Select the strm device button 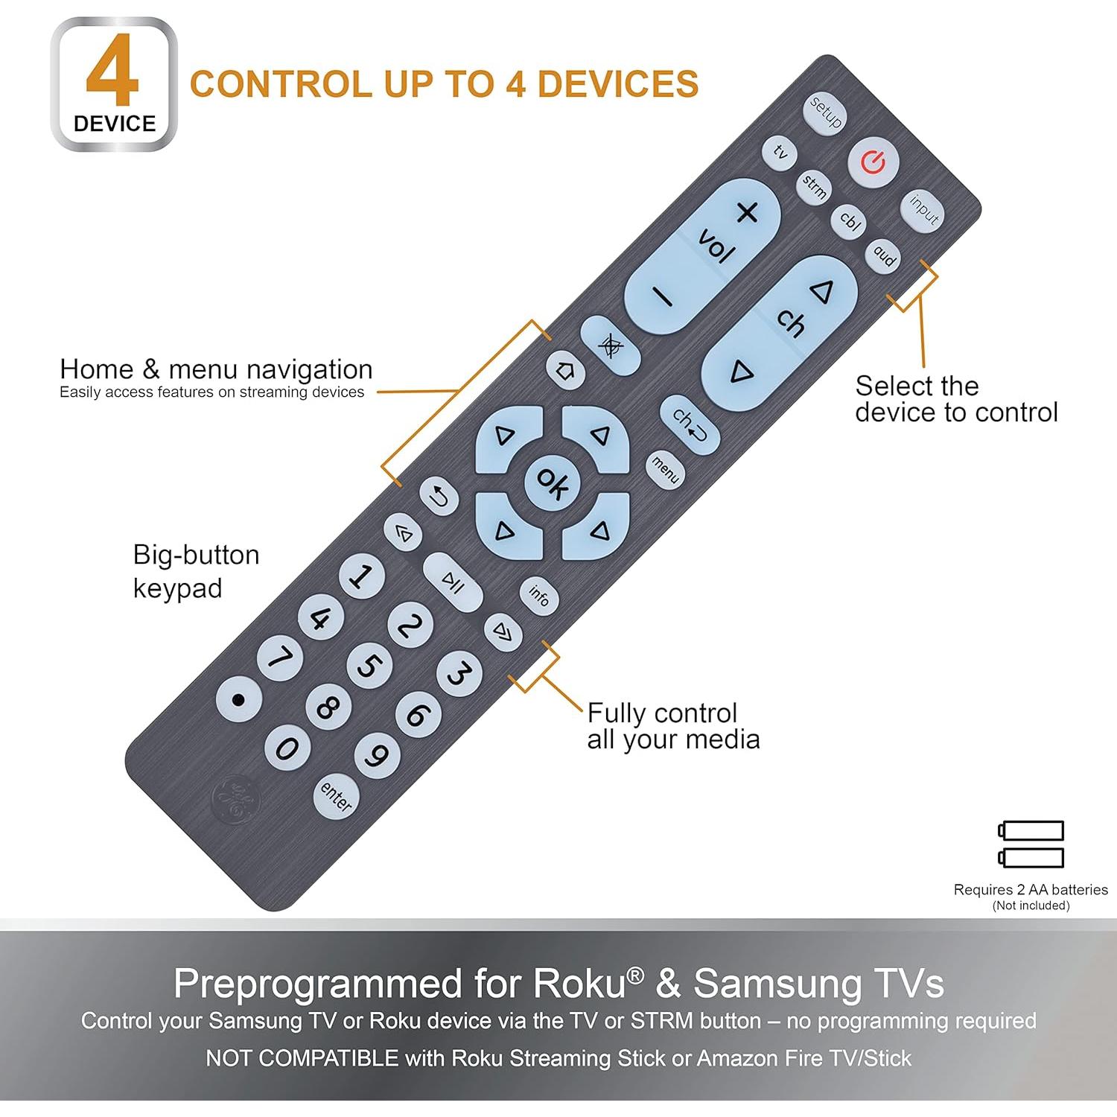pyautogui.click(x=814, y=186)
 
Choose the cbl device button pyautogui.click(x=849, y=220)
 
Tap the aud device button pyautogui.click(x=884, y=255)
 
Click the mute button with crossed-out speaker pyautogui.click(x=610, y=346)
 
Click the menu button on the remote pyautogui.click(x=665, y=470)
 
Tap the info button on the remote pyautogui.click(x=538, y=596)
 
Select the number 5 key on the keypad pyautogui.click(x=369, y=665)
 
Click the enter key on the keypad pyautogui.click(x=336, y=796)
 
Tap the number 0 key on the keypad pyautogui.click(x=287, y=748)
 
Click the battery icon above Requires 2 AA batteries pyautogui.click(x=1031, y=844)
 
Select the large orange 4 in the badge pyautogui.click(x=113, y=71)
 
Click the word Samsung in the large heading pyautogui.click(x=777, y=984)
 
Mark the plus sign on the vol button pyautogui.click(x=746, y=213)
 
